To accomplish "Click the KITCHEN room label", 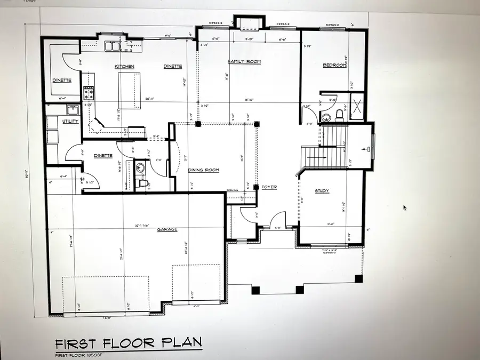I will click(124, 67).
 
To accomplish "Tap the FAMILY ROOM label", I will click(244, 62).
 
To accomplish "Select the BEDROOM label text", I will click(334, 66).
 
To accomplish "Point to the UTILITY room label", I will click(70, 122).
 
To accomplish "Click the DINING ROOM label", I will click(204, 170).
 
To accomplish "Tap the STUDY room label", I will click(322, 190).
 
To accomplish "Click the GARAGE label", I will click(167, 230).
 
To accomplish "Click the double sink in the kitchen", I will click(113, 47).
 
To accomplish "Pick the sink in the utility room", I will click(73, 110).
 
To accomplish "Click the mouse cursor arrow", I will click(404, 207).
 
